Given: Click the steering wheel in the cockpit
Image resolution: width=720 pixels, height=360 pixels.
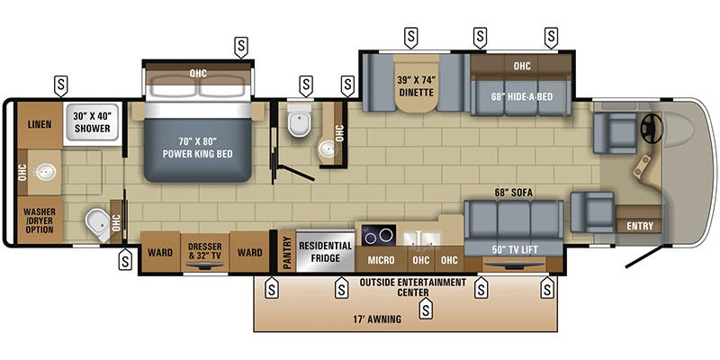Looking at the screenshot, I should click(x=650, y=130).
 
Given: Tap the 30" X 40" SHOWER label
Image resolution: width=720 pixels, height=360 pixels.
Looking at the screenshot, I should click(x=93, y=122).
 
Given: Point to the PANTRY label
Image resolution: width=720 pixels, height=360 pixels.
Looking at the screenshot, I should click(x=287, y=251).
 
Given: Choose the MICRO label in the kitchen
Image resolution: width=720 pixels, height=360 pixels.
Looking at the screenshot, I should click(x=381, y=260).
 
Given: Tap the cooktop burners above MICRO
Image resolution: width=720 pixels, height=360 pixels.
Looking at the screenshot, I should click(x=379, y=236).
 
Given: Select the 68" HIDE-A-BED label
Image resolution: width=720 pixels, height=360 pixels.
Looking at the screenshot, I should click(x=522, y=96).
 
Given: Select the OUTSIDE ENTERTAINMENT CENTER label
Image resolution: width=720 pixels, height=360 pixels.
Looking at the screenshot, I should click(x=413, y=287).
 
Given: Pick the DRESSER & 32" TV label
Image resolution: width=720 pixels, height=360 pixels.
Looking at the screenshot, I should click(x=203, y=251).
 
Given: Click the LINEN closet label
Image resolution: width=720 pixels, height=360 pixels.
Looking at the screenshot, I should click(x=39, y=124).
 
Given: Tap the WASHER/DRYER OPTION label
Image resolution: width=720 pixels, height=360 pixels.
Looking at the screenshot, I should click(x=39, y=219).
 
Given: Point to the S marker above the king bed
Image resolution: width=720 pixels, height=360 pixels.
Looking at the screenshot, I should click(x=241, y=45).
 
